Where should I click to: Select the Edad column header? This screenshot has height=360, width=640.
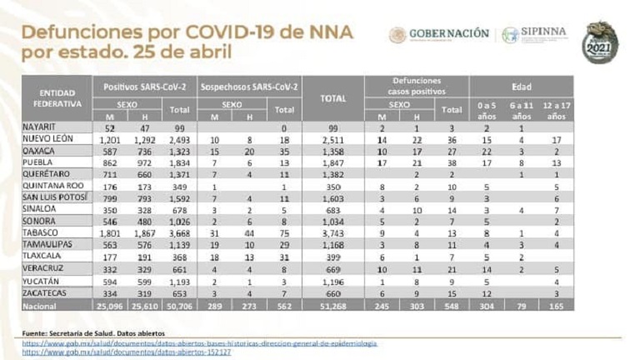[521, 87]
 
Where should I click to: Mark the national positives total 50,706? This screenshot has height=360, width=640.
[179, 306]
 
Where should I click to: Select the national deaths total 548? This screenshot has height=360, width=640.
[451, 306]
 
